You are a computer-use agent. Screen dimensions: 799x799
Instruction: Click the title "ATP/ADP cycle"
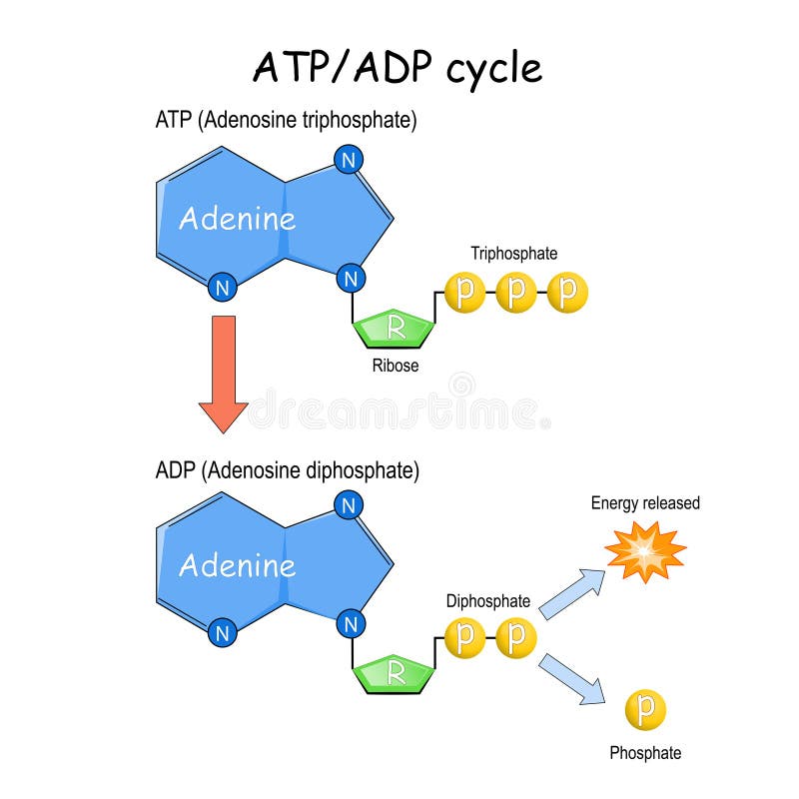click(x=398, y=67)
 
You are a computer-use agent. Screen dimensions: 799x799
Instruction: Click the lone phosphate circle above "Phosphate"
click(x=645, y=709)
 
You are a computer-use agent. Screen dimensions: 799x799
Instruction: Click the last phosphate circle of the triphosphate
click(x=568, y=293)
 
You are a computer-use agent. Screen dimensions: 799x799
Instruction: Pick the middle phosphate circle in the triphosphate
click(x=516, y=293)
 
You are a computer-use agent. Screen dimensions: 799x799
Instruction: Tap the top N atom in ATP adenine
click(x=348, y=160)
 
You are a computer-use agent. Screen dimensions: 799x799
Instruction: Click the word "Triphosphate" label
click(x=514, y=254)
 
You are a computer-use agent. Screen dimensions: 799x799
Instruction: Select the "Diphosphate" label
click(x=488, y=601)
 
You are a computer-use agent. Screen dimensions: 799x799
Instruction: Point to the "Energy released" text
click(x=645, y=503)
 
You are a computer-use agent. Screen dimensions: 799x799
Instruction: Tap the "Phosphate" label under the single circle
click(x=645, y=753)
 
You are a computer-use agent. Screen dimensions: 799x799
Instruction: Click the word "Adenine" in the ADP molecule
click(x=237, y=565)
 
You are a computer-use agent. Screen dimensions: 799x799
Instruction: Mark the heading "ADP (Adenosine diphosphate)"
click(x=288, y=469)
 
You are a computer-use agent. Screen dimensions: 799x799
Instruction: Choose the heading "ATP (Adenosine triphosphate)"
click(x=286, y=121)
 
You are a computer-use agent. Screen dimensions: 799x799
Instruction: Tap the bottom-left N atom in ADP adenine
click(x=223, y=633)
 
